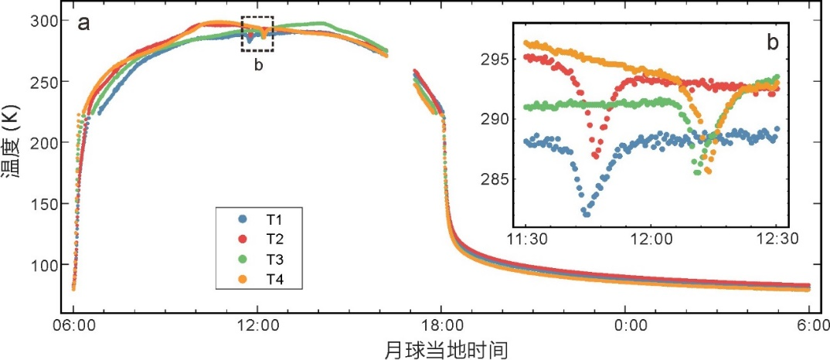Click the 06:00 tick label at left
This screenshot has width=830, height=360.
[x=73, y=326]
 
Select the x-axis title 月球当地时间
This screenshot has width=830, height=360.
[x=446, y=349]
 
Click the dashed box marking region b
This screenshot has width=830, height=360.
[x=257, y=34]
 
